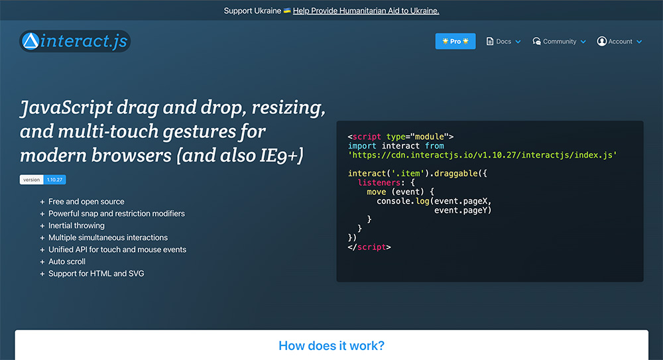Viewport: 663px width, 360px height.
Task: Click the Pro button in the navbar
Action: point(455,41)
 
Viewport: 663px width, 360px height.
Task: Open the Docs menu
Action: point(503,41)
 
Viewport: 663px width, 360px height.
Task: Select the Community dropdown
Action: point(559,41)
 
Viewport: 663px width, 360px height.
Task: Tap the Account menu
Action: point(619,41)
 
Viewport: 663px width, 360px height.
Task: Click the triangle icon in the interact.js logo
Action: point(30,42)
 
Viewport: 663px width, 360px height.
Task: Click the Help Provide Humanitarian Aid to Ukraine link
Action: point(366,11)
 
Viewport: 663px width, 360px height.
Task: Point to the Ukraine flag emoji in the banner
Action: point(287,11)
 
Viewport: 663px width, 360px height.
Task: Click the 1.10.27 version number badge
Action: point(55,180)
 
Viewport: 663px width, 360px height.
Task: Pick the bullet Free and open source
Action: point(86,202)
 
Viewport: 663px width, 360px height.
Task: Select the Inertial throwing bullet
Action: point(76,225)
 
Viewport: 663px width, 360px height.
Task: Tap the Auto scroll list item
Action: point(67,261)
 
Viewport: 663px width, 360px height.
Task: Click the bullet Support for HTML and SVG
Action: point(96,273)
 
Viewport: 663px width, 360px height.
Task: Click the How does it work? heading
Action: point(331,345)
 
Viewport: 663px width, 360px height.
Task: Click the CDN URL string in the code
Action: point(483,154)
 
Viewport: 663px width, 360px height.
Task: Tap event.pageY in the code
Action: point(463,210)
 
